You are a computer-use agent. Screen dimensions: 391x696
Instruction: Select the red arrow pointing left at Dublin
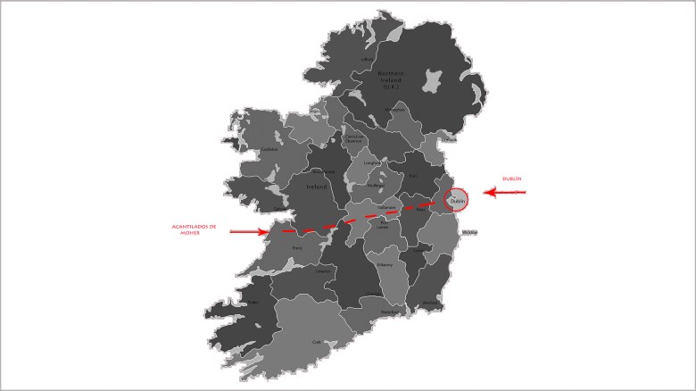click(505, 192)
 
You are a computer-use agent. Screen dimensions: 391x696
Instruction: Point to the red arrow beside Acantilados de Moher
click(249, 232)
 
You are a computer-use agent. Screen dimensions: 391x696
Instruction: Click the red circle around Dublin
click(456, 201)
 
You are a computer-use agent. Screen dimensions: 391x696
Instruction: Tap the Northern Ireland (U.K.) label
click(392, 79)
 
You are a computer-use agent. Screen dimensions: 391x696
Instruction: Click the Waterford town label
click(388, 312)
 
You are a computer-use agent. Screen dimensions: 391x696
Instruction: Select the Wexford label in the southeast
click(432, 304)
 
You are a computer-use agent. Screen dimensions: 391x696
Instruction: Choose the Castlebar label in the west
click(269, 149)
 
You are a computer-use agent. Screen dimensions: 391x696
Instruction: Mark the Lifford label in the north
click(366, 60)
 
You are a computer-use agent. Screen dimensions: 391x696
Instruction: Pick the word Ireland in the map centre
click(318, 187)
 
